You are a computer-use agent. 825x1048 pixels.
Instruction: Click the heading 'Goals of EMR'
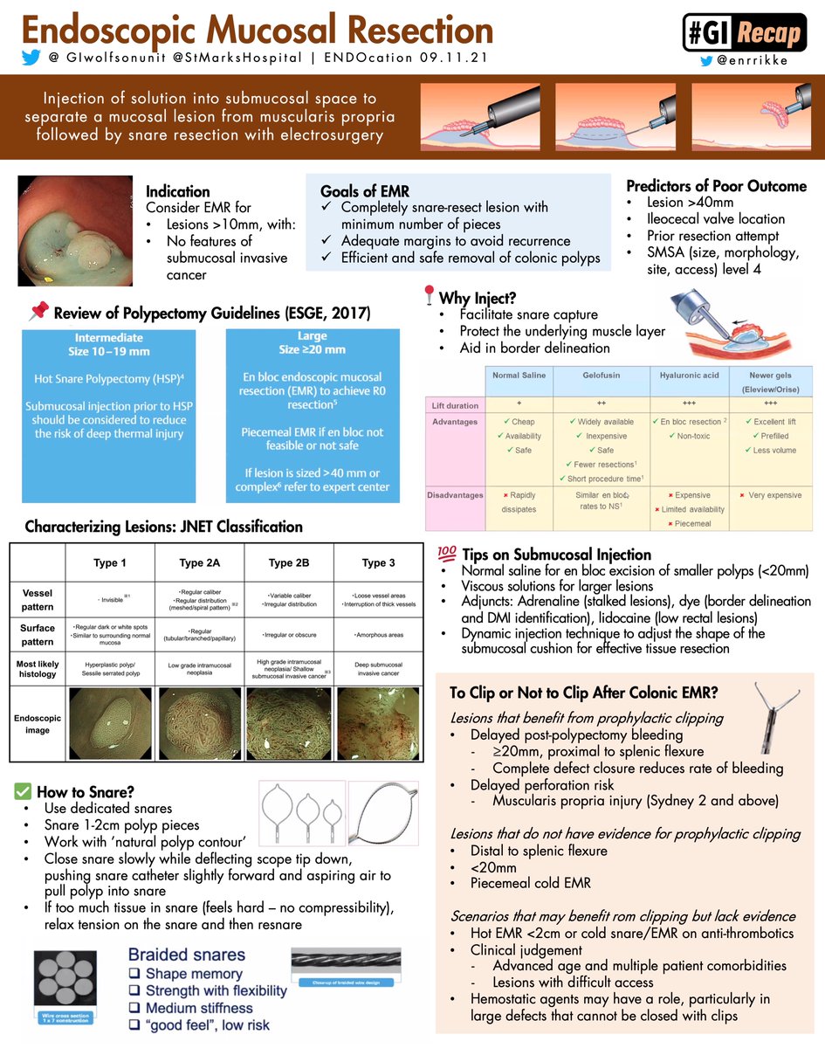click(x=365, y=191)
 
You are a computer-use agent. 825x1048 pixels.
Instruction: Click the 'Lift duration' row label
click(x=454, y=406)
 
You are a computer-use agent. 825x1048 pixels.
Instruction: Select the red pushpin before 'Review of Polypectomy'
click(x=38, y=312)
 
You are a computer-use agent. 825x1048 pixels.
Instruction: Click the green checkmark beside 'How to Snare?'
click(x=24, y=791)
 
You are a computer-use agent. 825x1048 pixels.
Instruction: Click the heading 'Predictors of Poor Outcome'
click(x=716, y=185)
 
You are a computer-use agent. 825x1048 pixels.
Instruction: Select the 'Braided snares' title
click(x=187, y=955)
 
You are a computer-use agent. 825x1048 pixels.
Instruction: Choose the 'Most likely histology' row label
click(x=38, y=669)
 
